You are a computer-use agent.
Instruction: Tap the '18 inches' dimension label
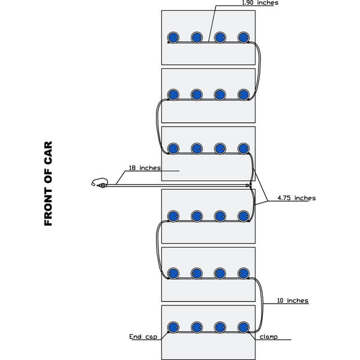(x=145, y=168)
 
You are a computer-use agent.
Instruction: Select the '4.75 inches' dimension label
(x=296, y=198)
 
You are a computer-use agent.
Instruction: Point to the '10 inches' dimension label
(x=293, y=299)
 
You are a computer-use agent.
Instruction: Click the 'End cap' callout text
(x=143, y=337)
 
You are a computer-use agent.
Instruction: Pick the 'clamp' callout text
(x=268, y=337)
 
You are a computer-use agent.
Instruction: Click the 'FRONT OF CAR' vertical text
(x=49, y=183)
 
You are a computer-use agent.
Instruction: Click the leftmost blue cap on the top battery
(x=173, y=37)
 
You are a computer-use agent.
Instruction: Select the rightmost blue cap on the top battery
(x=243, y=37)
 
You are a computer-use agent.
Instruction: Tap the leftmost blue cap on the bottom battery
(x=173, y=327)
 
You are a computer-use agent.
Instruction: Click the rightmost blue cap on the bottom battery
(x=243, y=327)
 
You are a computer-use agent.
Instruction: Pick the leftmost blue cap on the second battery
(x=173, y=94)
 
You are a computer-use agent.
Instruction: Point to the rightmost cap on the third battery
(x=243, y=148)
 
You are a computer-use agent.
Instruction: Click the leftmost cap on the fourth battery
(x=173, y=215)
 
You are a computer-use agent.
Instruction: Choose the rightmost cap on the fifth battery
(x=243, y=274)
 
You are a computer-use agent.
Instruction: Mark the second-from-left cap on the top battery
(x=196, y=37)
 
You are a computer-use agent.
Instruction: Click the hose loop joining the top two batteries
(x=260, y=66)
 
